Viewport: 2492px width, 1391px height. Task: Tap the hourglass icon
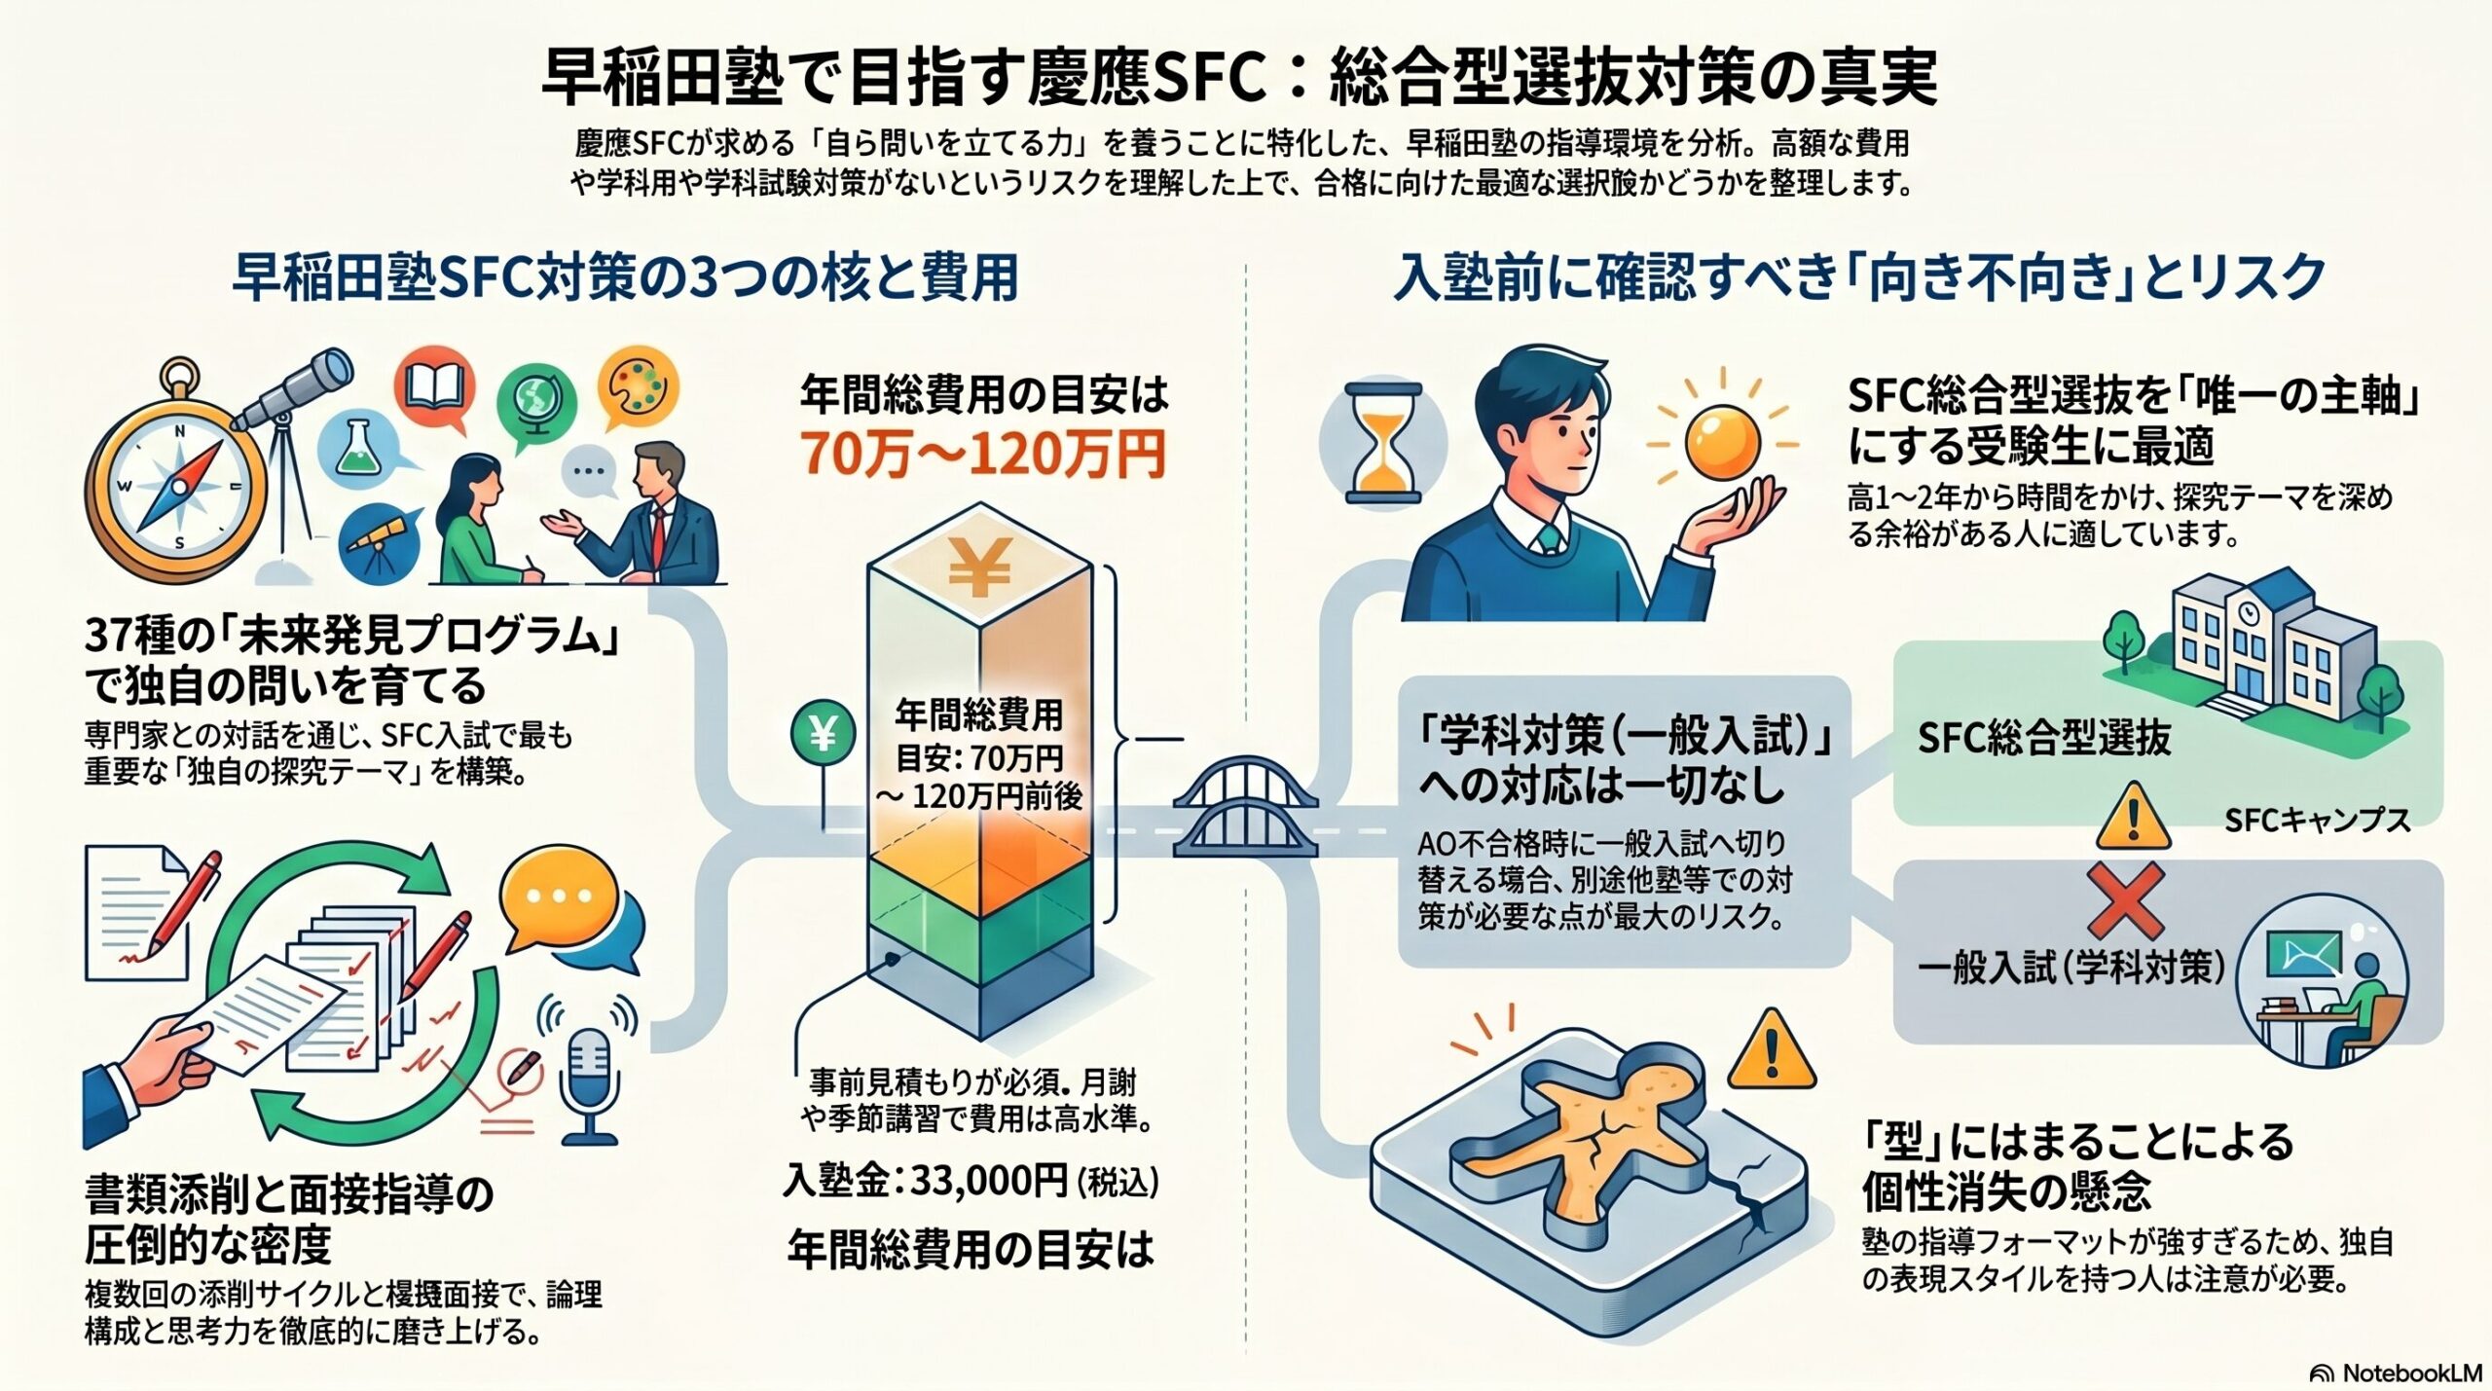1382,443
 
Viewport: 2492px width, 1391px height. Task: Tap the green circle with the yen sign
824,734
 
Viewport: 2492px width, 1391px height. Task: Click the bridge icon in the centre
1245,808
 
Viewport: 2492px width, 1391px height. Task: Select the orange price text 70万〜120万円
982,452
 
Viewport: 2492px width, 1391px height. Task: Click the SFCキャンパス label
2317,820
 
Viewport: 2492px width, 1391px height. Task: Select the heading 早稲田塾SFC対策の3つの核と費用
625,278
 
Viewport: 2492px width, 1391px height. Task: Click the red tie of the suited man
660,531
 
